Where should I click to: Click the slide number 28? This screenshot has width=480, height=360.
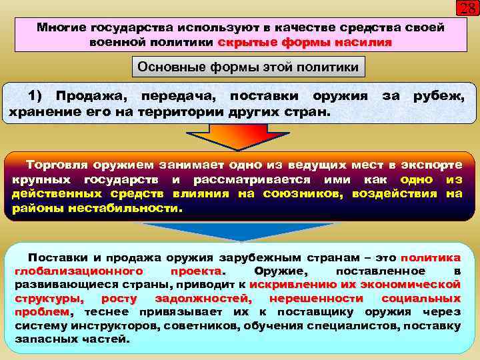[466, 9]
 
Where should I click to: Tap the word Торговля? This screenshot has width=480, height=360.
[57, 164]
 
